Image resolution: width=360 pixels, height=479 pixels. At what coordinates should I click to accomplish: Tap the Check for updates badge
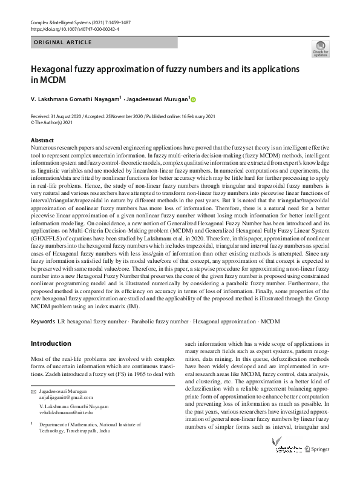[x=320, y=48]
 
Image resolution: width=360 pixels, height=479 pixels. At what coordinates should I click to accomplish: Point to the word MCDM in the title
[x=52, y=79]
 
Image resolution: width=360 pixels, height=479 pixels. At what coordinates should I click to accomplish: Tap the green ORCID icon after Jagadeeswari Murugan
[x=194, y=99]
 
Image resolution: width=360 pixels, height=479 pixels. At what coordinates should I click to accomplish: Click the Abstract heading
[x=42, y=140]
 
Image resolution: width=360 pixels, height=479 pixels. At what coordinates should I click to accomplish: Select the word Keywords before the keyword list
[x=43, y=320]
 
